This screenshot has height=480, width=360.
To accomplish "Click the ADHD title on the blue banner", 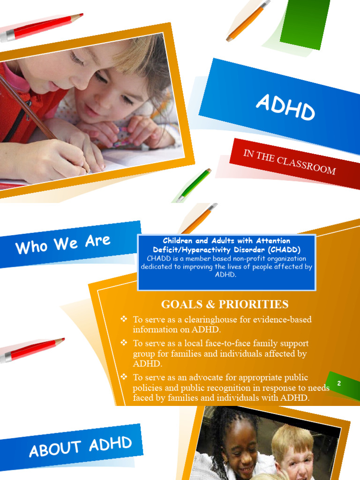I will [285, 107].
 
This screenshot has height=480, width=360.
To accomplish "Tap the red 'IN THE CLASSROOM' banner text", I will [289, 162].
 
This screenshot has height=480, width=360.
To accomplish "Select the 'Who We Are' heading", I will [63, 244].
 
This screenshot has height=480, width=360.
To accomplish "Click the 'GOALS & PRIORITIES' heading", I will [225, 304].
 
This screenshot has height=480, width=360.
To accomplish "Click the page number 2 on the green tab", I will [339, 383].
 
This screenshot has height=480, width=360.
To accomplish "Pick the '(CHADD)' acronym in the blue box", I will [284, 250].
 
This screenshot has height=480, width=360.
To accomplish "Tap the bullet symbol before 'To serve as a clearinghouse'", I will [124, 319].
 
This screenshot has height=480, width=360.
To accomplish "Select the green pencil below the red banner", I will [194, 185].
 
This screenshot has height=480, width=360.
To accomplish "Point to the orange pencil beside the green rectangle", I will [247, 21].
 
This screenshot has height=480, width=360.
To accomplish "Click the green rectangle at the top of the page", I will [305, 23].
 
